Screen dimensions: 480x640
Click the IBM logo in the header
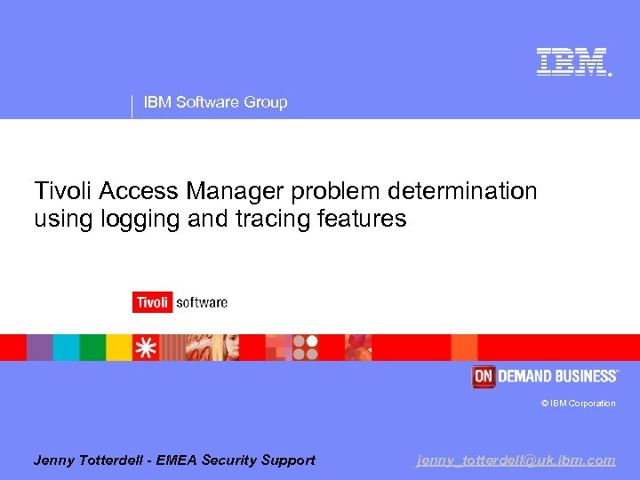pyautogui.click(x=572, y=61)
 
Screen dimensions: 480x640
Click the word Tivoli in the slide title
pyautogui.click(x=64, y=191)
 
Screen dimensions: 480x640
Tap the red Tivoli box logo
pyautogui.click(x=152, y=302)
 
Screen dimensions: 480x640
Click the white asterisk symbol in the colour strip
pyautogui.click(x=145, y=348)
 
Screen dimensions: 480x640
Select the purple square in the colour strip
pyautogui.click(x=39, y=348)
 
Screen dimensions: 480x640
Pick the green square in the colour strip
pyautogui.click(x=92, y=348)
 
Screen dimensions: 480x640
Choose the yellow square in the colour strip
pyautogui.click(x=119, y=348)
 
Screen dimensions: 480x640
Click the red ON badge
pyautogui.click(x=483, y=377)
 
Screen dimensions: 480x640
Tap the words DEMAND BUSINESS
pyautogui.click(x=557, y=377)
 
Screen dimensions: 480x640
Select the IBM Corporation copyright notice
pyautogui.click(x=578, y=404)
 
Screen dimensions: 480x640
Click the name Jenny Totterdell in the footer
pyautogui.click(x=88, y=460)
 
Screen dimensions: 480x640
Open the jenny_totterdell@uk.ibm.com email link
pyautogui.click(x=516, y=460)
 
